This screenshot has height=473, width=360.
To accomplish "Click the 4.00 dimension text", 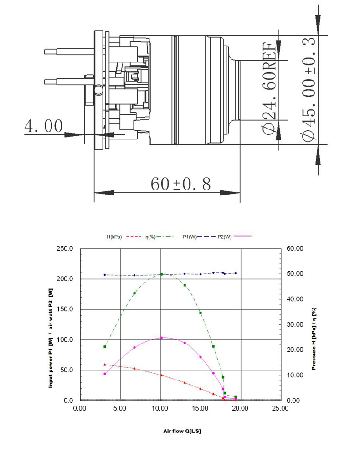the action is click(44, 126).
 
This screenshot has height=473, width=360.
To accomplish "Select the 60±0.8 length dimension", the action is click(180, 184).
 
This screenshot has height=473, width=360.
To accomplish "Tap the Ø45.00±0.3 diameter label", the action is click(309, 90).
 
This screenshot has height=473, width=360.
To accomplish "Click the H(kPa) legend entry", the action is click(114, 237).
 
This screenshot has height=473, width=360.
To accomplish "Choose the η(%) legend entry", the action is click(150, 237).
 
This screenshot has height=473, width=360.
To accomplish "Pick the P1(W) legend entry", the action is click(190, 237).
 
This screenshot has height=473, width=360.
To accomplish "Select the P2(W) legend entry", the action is click(225, 237).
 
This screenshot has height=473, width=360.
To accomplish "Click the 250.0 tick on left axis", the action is click(65, 248).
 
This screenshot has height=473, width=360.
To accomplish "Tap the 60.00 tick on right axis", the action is click(295, 248).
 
